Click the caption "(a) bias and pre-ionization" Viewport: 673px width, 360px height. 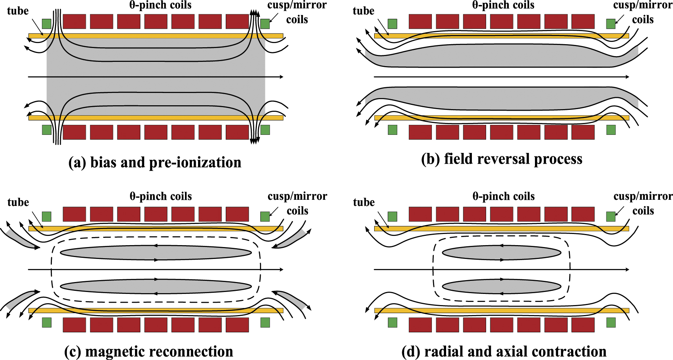[x=155, y=163]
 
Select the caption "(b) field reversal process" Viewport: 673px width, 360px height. [x=501, y=159]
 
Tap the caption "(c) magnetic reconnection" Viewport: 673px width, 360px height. [x=148, y=352]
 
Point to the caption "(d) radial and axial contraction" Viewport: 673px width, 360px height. [x=504, y=352]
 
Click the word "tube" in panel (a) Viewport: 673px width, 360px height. [x=18, y=11]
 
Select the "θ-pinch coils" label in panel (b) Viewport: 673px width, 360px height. [x=503, y=5]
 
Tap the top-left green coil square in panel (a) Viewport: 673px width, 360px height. [x=47, y=24]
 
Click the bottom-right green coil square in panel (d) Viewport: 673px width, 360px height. [x=611, y=322]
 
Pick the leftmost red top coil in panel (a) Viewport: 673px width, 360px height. [x=74, y=22]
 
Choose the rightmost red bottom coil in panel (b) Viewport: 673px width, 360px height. [x=583, y=132]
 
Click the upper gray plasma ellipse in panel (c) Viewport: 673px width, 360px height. [x=156, y=253]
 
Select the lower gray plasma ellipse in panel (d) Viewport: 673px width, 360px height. [x=501, y=287]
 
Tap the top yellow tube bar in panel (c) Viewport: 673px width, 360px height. [x=156, y=229]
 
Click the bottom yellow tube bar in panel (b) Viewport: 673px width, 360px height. [x=501, y=118]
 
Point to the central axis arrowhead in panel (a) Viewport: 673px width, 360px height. [x=282, y=77]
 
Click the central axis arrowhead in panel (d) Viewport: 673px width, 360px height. [x=627, y=270]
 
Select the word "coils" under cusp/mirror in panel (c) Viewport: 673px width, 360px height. [x=297, y=211]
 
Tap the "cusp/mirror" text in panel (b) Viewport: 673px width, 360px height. [x=643, y=5]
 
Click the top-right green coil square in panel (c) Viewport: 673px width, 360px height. [x=265, y=217]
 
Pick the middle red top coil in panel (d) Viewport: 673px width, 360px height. [x=501, y=214]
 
